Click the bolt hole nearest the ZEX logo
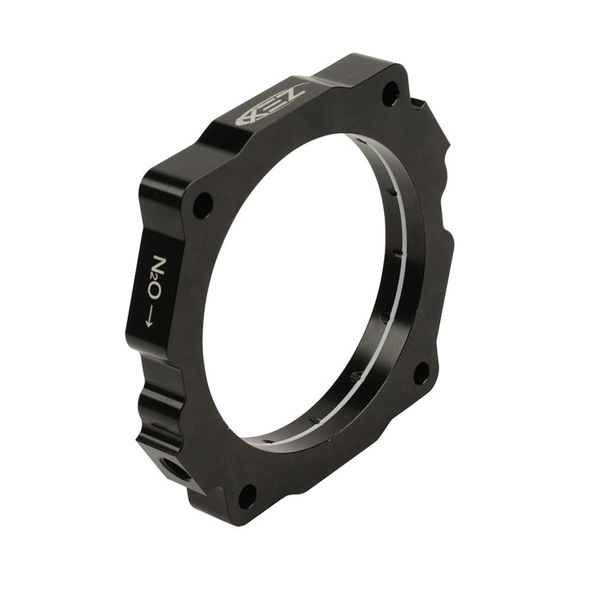point(390,94)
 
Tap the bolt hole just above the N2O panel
point(203,205)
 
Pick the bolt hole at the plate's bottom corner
point(247,496)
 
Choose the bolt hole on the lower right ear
point(421,373)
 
